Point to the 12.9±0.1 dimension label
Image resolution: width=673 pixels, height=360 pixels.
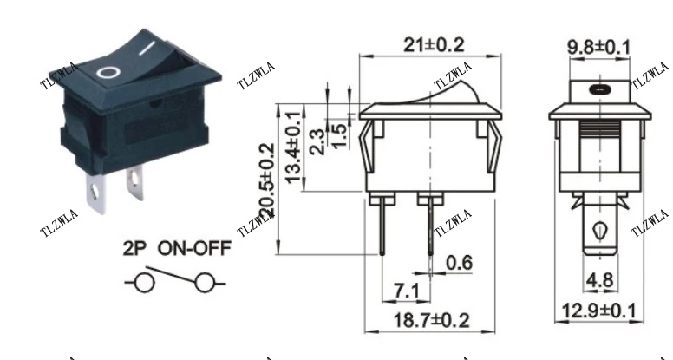pos(598,310)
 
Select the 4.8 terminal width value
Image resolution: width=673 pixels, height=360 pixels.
pos(598,280)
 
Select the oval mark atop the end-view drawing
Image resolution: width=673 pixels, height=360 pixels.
pos(598,88)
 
